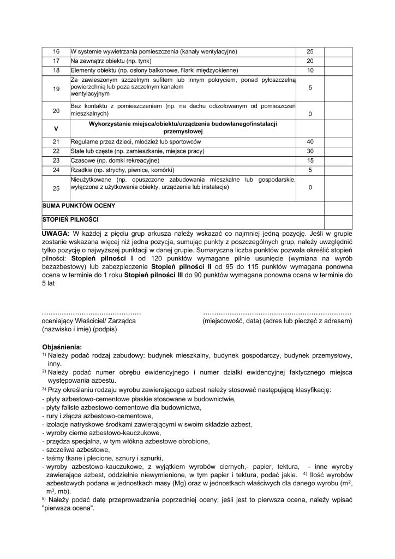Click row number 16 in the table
point(56,51)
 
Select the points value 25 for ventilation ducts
point(310,51)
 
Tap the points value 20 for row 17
point(310,61)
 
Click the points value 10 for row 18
point(310,70)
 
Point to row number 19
point(56,88)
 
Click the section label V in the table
point(56,128)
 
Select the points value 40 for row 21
point(310,141)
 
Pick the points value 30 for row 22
point(310,151)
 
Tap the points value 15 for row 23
point(310,160)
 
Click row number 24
point(56,170)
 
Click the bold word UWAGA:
point(55,233)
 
